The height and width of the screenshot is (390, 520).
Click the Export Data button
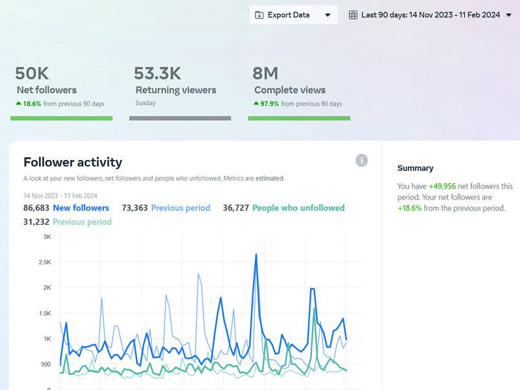(x=283, y=15)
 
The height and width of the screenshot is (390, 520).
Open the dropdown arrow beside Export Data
(x=328, y=15)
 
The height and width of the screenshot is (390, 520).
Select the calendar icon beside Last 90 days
(x=353, y=15)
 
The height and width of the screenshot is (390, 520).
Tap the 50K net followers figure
(x=32, y=73)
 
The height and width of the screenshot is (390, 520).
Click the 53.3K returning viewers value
(x=157, y=73)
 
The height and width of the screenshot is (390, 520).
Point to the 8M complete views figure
(x=266, y=73)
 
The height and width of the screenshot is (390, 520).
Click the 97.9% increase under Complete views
(x=269, y=103)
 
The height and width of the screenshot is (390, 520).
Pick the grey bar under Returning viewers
(x=180, y=118)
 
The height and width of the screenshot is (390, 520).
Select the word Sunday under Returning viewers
(x=146, y=103)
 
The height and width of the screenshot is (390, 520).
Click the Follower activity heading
(x=73, y=162)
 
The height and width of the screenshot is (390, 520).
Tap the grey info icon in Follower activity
(x=361, y=161)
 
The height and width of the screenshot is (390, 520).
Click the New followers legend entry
(x=81, y=208)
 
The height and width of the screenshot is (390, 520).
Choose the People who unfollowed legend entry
(x=298, y=208)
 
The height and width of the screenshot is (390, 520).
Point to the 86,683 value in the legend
(x=36, y=208)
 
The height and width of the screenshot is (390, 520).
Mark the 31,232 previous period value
(x=36, y=222)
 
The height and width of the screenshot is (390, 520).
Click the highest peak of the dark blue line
(x=256, y=254)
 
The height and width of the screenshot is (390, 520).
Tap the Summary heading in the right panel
(x=415, y=168)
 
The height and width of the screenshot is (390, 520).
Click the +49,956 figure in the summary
(x=442, y=187)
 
